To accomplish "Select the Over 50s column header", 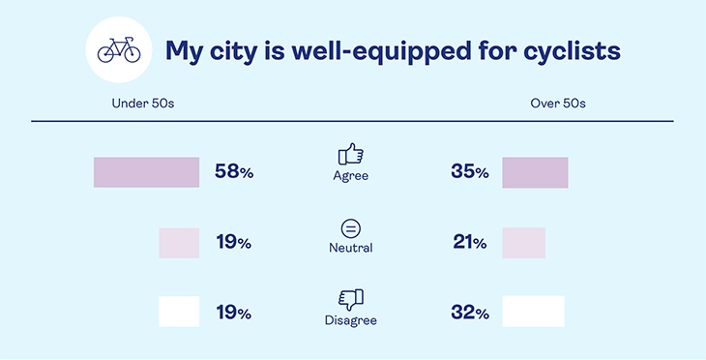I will [x=558, y=103].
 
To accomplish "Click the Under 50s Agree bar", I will [x=146, y=172].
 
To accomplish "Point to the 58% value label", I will [x=234, y=172].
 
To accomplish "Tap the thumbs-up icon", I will [x=350, y=154].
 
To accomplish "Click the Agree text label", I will [x=350, y=177].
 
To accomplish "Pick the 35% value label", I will [x=469, y=172].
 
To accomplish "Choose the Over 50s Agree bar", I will [x=535, y=172].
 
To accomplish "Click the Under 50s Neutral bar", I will [x=179, y=243].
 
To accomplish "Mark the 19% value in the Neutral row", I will [x=234, y=243].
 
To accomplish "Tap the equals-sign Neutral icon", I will [x=350, y=228].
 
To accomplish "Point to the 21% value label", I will [x=469, y=243].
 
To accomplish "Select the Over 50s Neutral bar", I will [x=523, y=243].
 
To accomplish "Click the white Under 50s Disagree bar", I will [x=179, y=312].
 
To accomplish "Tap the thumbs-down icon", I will [x=350, y=299].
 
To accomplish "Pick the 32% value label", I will [x=469, y=313].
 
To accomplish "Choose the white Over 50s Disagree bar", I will [x=533, y=312].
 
